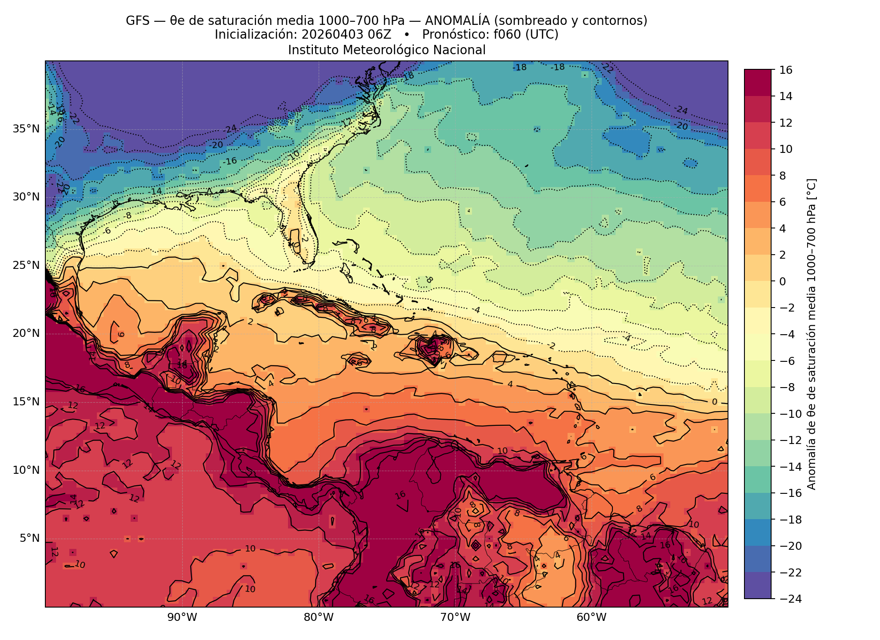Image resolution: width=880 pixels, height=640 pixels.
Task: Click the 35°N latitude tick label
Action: click(x=26, y=129)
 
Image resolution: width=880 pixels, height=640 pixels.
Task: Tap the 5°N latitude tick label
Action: click(x=30, y=539)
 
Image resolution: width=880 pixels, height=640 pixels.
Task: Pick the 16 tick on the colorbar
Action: click(x=785, y=70)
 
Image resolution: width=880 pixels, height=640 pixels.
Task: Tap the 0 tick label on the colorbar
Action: click(x=783, y=282)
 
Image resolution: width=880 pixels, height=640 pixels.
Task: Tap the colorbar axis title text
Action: click(x=812, y=334)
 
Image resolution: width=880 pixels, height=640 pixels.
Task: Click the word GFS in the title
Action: click(x=136, y=21)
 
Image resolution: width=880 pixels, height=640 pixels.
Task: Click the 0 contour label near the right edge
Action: click(x=715, y=402)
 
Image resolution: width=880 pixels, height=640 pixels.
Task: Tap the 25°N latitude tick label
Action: click(x=26, y=265)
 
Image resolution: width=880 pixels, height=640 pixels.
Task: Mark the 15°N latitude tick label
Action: click(x=26, y=402)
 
